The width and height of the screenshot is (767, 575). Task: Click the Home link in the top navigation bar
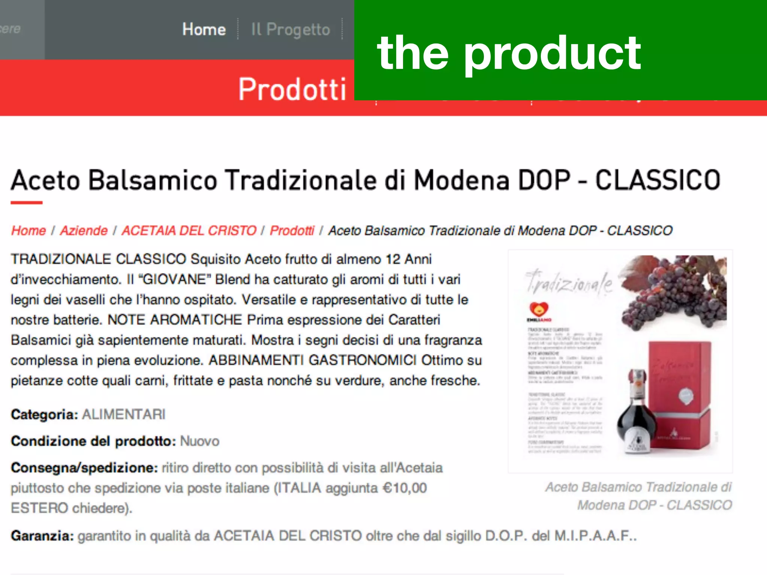(204, 30)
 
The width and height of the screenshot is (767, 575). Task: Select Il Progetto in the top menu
(290, 30)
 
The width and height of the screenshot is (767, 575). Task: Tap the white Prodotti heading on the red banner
(292, 89)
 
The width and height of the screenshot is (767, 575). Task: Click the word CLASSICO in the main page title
(658, 180)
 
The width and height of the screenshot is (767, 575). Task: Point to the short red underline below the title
(26, 203)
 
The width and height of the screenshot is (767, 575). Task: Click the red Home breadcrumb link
(28, 231)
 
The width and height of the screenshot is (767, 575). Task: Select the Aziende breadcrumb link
(84, 231)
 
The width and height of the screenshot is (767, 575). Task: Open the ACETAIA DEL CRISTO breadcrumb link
(189, 231)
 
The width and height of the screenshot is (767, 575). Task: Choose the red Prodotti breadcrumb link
(292, 231)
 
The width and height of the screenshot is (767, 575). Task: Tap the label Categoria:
(44, 415)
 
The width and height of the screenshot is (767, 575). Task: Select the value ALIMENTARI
(124, 415)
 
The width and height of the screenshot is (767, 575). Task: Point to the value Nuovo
(200, 441)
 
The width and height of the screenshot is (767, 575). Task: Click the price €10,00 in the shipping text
(404, 488)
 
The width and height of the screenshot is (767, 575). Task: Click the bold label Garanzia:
(42, 536)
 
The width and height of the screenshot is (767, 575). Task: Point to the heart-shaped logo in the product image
(539, 309)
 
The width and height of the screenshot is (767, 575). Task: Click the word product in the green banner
(552, 54)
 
